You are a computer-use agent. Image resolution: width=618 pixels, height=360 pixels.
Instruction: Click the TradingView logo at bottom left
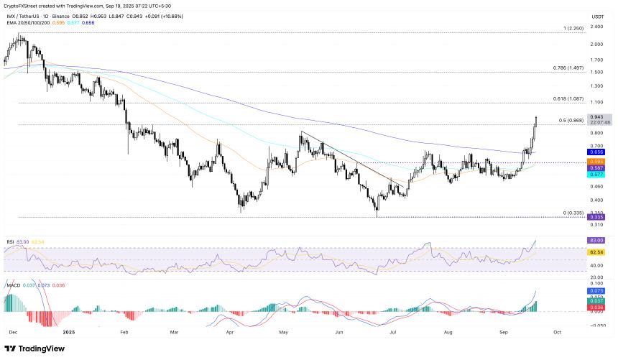pyautogui.click(x=36, y=348)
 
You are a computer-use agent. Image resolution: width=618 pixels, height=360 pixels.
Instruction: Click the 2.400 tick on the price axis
pyautogui.click(x=596, y=27)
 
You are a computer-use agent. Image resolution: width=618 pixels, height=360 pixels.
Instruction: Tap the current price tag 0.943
pyautogui.click(x=596, y=116)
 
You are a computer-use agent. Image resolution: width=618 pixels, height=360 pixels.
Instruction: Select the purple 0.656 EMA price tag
pyautogui.click(x=596, y=152)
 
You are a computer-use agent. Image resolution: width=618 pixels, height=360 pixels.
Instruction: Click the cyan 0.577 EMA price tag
pyautogui.click(x=596, y=175)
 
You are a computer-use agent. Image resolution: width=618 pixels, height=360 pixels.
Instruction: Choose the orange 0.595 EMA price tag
pyautogui.click(x=596, y=162)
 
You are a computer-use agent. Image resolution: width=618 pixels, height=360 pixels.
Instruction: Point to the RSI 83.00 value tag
pyautogui.click(x=596, y=240)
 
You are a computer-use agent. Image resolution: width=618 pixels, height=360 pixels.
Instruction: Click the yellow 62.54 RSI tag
pyautogui.click(x=596, y=252)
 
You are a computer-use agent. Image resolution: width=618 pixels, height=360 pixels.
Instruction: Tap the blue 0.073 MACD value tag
pyautogui.click(x=596, y=290)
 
